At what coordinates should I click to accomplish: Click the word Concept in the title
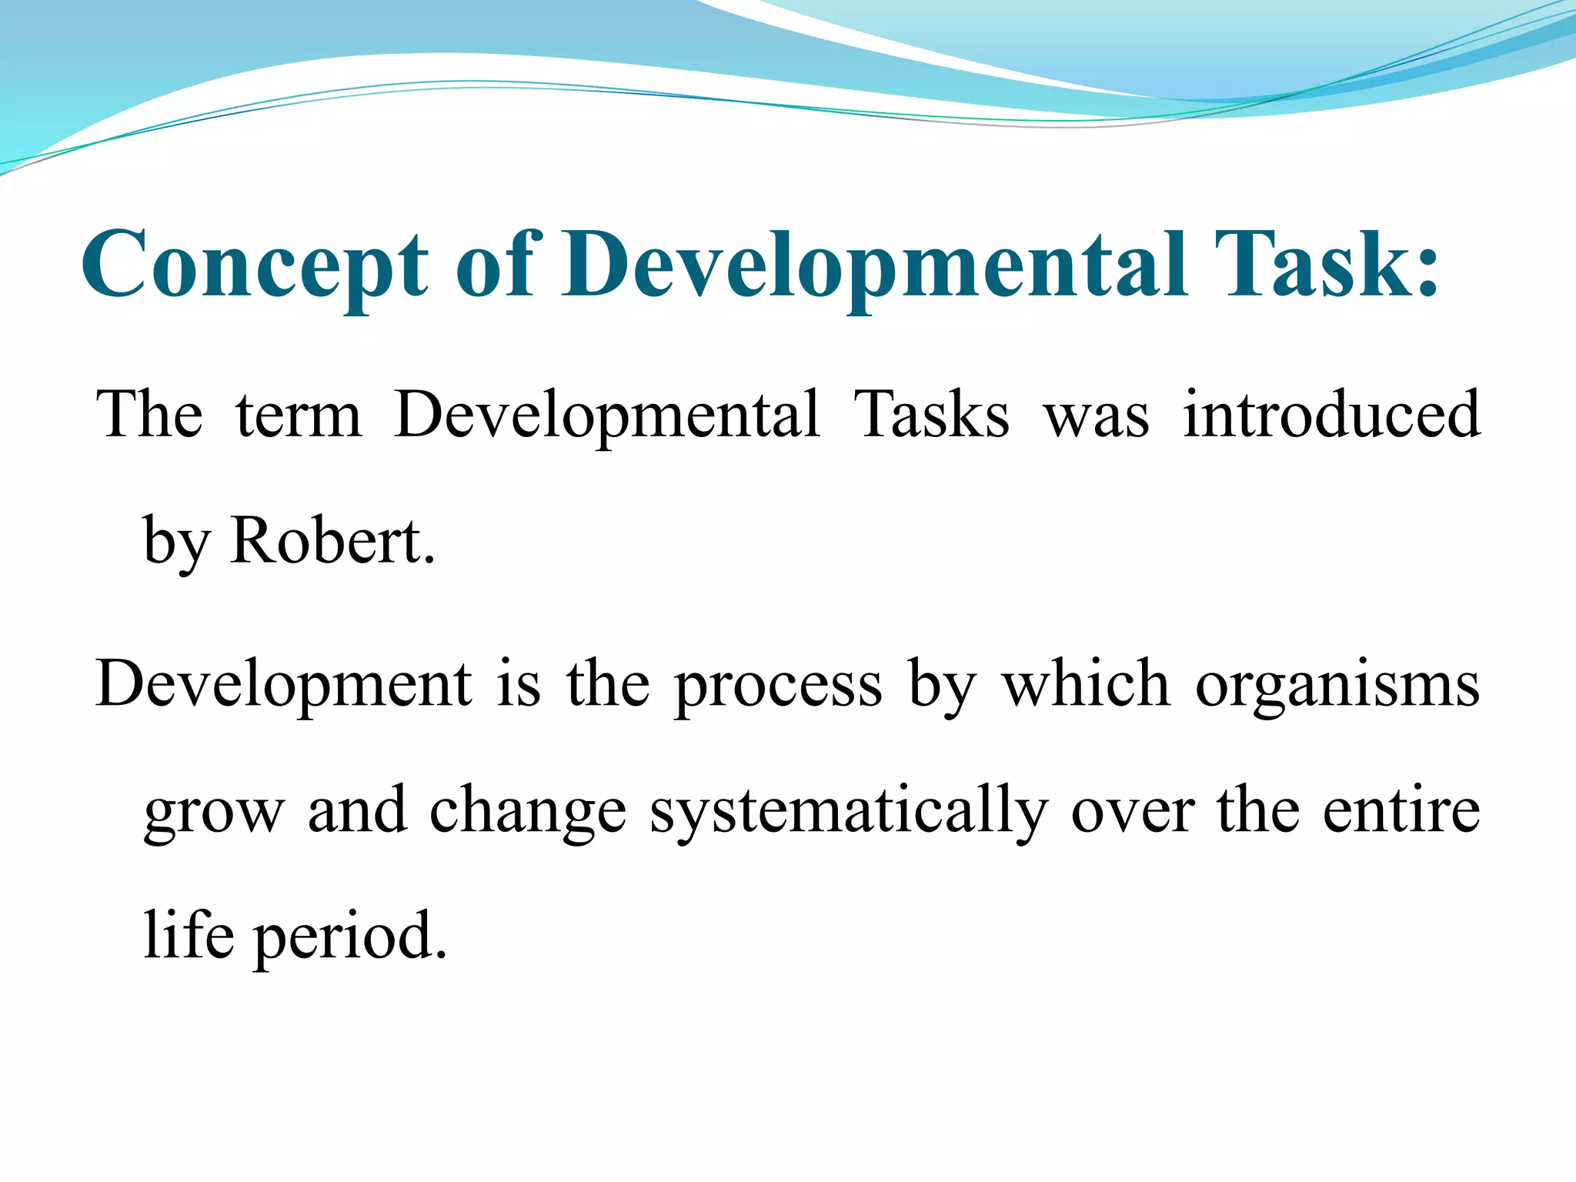click(254, 265)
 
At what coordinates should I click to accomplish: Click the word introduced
click(1331, 416)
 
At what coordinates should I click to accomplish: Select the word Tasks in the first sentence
click(931, 416)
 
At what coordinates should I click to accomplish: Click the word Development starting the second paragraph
click(283, 685)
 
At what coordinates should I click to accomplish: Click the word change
click(528, 813)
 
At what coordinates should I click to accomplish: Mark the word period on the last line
click(350, 937)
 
